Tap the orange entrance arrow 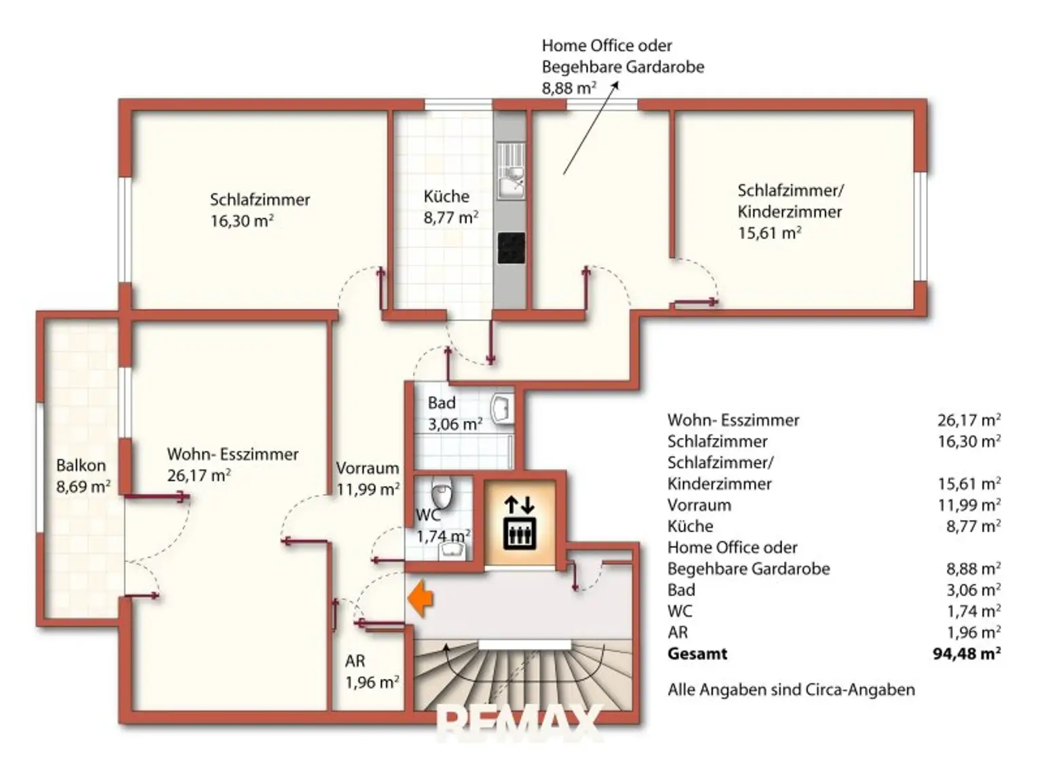[421, 598]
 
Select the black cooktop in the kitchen [512, 248]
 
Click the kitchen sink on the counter [512, 171]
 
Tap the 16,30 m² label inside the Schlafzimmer [242, 221]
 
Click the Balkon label [81, 465]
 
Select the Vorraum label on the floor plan [368, 468]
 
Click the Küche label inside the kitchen [446, 196]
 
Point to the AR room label [355, 661]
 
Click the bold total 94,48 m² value [967, 654]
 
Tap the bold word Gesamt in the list [697, 654]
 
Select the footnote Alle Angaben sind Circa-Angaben [791, 690]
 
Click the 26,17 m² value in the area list [969, 420]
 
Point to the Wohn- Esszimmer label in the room [233, 453]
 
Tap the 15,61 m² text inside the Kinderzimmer [769, 233]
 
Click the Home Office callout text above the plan [623, 67]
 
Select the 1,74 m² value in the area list [974, 611]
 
